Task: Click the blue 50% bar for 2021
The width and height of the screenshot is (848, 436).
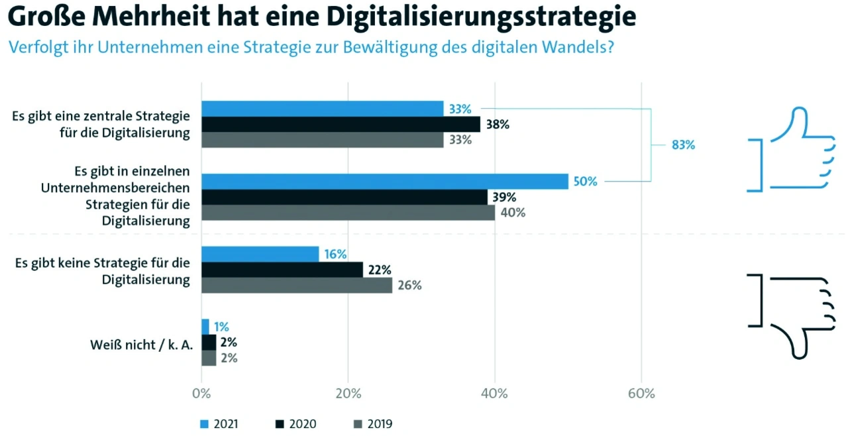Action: (x=384, y=182)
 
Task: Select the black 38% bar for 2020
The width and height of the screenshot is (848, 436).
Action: (x=341, y=125)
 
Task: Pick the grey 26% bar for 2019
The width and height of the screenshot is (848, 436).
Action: (x=296, y=285)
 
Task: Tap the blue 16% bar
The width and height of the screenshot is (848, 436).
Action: (x=260, y=254)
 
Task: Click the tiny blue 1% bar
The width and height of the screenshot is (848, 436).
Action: (x=205, y=327)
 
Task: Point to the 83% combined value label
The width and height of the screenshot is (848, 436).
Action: (x=683, y=145)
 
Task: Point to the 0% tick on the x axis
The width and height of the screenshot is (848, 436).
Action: (x=201, y=394)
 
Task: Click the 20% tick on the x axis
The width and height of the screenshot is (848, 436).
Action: (x=348, y=394)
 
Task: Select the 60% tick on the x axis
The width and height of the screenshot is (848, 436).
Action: (x=641, y=394)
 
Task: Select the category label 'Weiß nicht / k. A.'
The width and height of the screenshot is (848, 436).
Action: (x=141, y=345)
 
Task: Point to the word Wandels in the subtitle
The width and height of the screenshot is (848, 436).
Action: (x=576, y=48)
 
